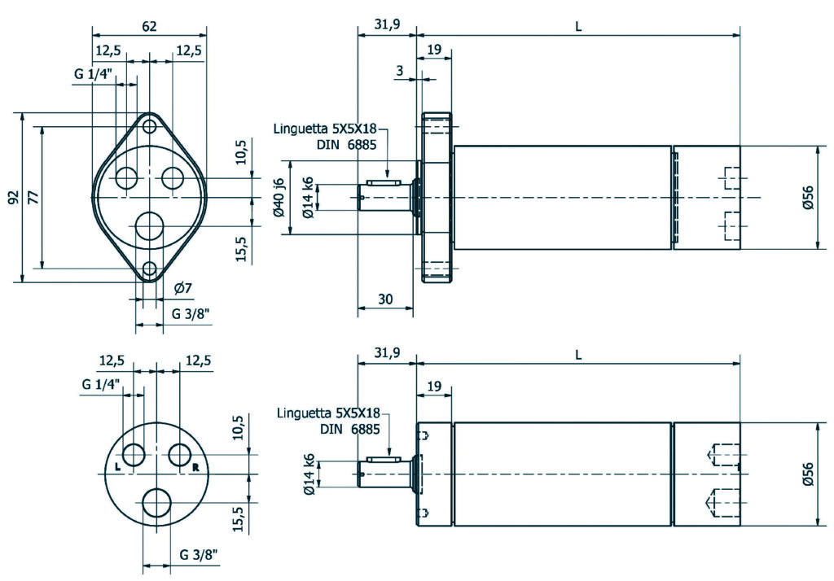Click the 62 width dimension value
tap(149, 26)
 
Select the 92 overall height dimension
tap(14, 198)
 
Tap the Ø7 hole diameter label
tap(183, 288)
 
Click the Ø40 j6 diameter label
tap(279, 197)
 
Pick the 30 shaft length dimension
tap(386, 299)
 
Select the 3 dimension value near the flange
tap(400, 72)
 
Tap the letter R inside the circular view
tap(195, 467)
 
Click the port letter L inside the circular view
tap(118, 467)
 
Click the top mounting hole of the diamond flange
tap(150, 127)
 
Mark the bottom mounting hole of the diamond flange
tap(150, 269)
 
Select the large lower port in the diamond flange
tap(150, 225)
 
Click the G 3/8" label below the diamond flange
tap(192, 313)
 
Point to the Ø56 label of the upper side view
tap(807, 198)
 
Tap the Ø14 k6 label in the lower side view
tap(309, 474)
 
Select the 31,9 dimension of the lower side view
tap(386, 355)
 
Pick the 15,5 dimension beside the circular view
tap(238, 518)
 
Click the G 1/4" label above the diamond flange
tap(93, 75)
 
